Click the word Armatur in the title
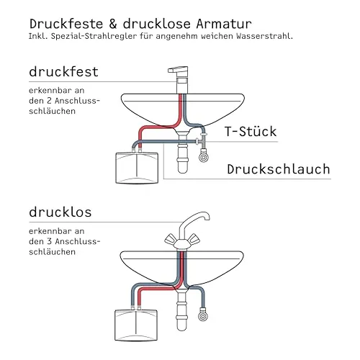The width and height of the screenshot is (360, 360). (x=224, y=24)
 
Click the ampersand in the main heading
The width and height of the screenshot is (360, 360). (x=113, y=24)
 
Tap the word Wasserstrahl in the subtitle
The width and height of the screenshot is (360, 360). (x=264, y=36)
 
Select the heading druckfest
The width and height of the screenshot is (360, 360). (x=63, y=71)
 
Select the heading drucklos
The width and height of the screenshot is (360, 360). (x=60, y=212)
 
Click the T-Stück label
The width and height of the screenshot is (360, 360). (x=251, y=131)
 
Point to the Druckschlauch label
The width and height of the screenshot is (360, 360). (x=279, y=169)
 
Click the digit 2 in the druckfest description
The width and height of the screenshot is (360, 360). (x=49, y=101)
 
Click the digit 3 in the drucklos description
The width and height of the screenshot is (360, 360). (x=49, y=241)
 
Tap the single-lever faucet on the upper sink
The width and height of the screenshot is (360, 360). (x=181, y=80)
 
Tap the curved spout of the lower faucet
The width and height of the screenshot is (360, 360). (x=193, y=222)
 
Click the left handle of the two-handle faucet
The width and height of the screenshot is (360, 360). (x=171, y=240)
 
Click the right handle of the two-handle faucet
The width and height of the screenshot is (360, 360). (x=194, y=240)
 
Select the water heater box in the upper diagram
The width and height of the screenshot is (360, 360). (x=137, y=168)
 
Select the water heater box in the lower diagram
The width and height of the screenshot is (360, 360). (x=136, y=325)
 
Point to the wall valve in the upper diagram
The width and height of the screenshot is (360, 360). (x=204, y=156)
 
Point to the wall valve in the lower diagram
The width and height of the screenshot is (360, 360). (x=203, y=315)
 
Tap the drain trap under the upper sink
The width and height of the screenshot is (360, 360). (x=182, y=153)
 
